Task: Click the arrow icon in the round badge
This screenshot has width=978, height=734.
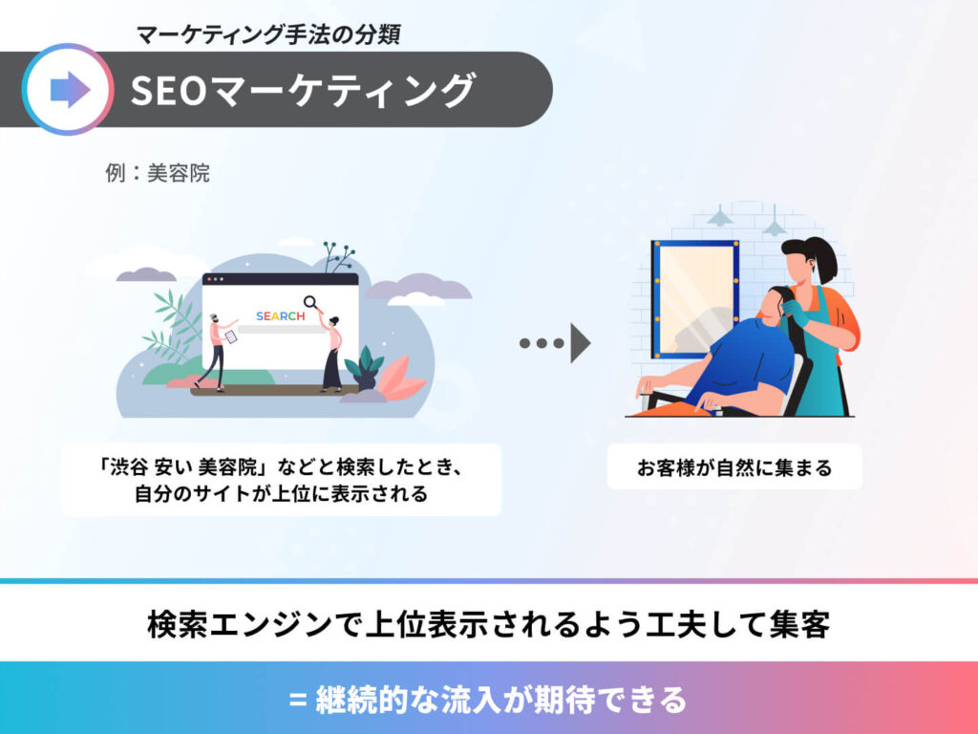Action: point(70,90)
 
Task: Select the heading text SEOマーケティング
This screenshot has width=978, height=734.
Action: point(303,90)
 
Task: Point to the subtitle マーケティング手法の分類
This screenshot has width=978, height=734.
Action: point(268,33)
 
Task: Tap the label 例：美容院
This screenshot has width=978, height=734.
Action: point(158,173)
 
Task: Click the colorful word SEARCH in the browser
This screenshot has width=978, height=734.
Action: point(280,315)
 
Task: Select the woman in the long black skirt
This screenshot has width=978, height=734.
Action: point(331,354)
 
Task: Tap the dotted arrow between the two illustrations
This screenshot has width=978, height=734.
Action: point(555,343)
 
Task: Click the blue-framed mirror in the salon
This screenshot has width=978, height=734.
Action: point(695,299)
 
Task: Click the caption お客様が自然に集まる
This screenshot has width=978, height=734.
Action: point(734,467)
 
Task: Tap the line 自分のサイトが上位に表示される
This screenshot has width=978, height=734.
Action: point(282,494)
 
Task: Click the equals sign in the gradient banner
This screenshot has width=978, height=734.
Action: point(298,700)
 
